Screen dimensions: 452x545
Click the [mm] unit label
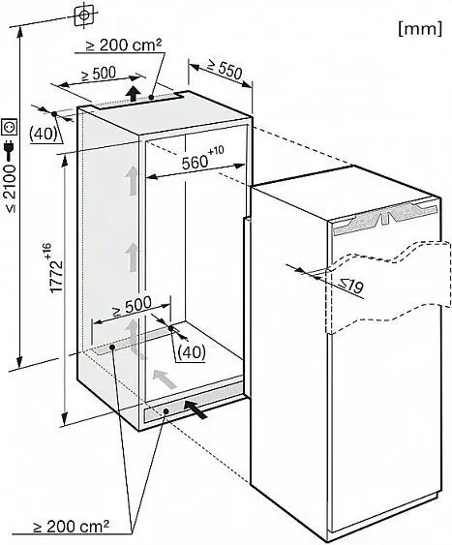point(420,29)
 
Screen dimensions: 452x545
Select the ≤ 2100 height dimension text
point(11,189)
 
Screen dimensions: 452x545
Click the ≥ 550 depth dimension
point(229,71)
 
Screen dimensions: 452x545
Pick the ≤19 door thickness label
point(351,287)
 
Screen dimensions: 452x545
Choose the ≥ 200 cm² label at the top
point(124,45)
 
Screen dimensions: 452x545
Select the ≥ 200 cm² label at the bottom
point(71,527)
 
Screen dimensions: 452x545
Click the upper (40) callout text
point(44,134)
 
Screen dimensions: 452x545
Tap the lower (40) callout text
point(192,352)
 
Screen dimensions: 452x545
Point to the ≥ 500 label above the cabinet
point(99,74)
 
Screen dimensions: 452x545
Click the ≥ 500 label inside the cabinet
point(132,306)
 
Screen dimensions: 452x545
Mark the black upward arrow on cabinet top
point(133,93)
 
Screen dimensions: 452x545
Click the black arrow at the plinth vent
point(196,409)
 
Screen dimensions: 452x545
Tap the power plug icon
point(10,149)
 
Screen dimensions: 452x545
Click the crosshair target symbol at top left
point(83,15)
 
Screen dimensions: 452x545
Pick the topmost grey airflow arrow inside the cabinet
point(132,180)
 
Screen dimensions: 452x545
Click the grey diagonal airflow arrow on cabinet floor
point(165,378)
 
